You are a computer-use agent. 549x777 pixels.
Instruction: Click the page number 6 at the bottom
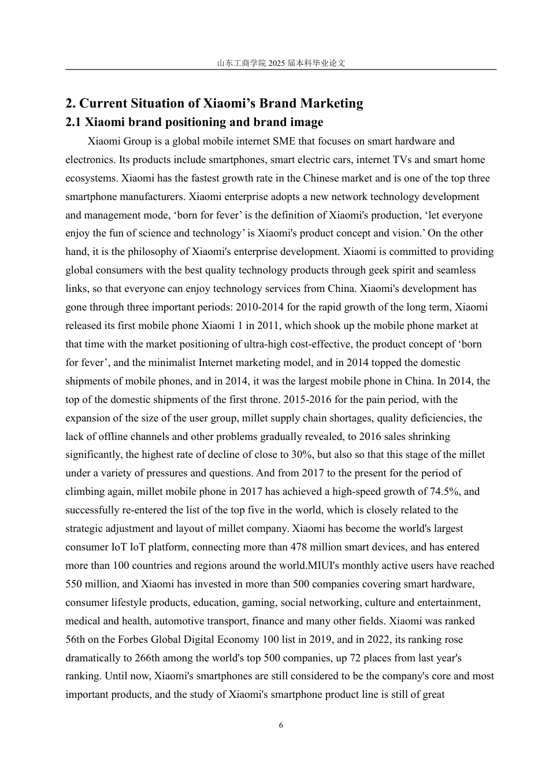pyautogui.click(x=281, y=726)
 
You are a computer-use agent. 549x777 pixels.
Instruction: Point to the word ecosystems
pyautogui.click(x=91, y=178)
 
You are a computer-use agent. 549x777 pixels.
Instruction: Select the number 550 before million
pyautogui.click(x=74, y=584)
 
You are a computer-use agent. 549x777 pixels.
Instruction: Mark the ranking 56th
pyautogui.click(x=76, y=639)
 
